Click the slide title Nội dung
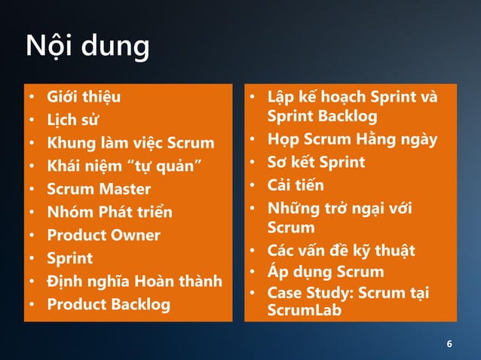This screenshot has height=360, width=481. pos(87,47)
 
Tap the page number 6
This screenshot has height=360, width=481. pos(450,345)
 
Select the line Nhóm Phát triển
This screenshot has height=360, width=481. pos(109,212)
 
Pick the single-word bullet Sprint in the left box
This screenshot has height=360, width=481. pos(69,258)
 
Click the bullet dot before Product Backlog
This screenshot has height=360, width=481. pos(32,305)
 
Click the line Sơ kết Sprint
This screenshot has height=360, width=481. pos(316,162)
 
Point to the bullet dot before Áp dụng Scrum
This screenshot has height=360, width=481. pos(255,272)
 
